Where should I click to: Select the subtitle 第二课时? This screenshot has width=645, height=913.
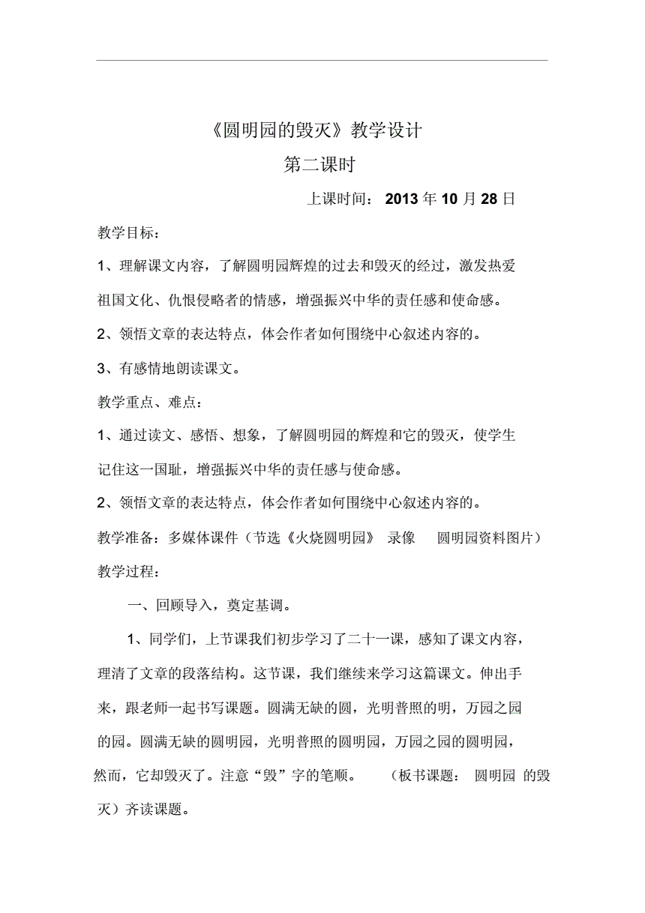tap(319, 165)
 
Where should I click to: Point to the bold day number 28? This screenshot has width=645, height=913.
tap(489, 199)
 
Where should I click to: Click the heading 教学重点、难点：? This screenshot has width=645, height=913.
tap(149, 403)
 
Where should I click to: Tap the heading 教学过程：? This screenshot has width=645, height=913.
tap(128, 572)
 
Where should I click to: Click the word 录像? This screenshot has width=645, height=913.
tap(401, 538)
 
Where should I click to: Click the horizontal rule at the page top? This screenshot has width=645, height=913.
tap(322, 61)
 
